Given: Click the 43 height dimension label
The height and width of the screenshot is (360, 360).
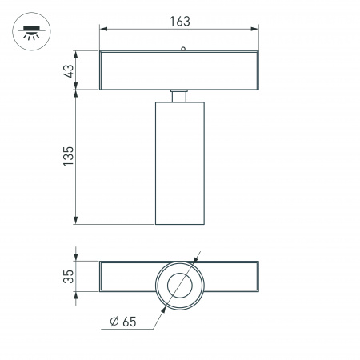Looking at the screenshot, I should pyautogui.click(x=68, y=71).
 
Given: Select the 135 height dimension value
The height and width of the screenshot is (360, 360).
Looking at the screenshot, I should pyautogui.click(x=68, y=155).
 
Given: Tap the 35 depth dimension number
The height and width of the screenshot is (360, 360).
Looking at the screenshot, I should pyautogui.click(x=68, y=277).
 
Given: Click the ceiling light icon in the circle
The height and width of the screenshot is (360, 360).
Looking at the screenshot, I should pyautogui.click(x=29, y=33).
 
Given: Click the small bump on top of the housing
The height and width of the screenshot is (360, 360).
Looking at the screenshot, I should pyautogui.click(x=182, y=50).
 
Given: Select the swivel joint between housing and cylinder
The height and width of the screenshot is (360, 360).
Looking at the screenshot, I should pyautogui.click(x=180, y=96).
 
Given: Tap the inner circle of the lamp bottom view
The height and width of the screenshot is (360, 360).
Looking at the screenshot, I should pyautogui.click(x=180, y=284).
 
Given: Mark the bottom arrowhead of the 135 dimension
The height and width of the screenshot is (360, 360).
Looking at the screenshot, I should pyautogui.click(x=76, y=220).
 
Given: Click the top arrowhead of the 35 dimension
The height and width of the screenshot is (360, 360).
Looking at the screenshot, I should pyautogui.click(x=76, y=264).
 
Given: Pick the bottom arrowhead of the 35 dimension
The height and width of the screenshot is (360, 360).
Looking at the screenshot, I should pyautogui.click(x=76, y=290).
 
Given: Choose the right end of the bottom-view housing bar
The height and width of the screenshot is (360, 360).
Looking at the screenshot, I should pyautogui.click(x=258, y=277).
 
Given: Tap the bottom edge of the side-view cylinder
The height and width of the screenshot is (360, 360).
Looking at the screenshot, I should pyautogui.click(x=180, y=225).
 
